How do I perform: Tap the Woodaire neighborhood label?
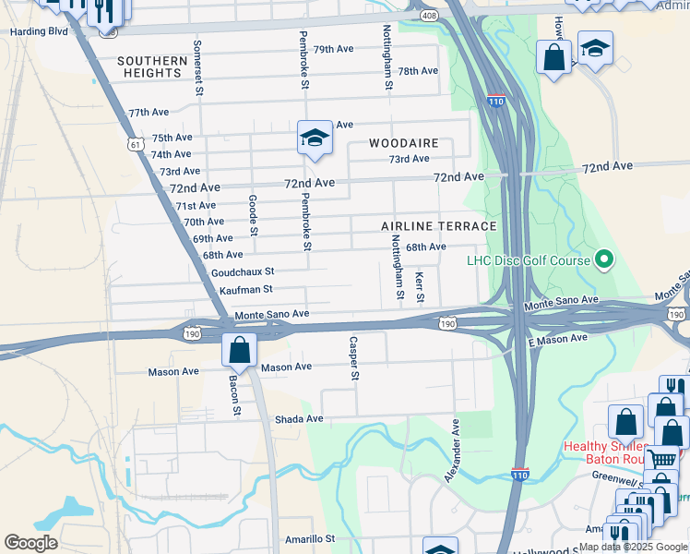404,144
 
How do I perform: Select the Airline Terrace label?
439,226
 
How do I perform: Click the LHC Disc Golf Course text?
528,260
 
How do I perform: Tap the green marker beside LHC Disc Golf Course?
604,260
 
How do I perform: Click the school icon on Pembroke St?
314,138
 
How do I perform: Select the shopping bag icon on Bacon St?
239,351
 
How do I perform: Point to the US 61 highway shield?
137,145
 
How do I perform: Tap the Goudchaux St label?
243,272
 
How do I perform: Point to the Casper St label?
353,358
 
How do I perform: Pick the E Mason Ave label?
557,339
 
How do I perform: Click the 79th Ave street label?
333,50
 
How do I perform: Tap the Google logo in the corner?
30,543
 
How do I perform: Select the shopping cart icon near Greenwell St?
661,459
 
